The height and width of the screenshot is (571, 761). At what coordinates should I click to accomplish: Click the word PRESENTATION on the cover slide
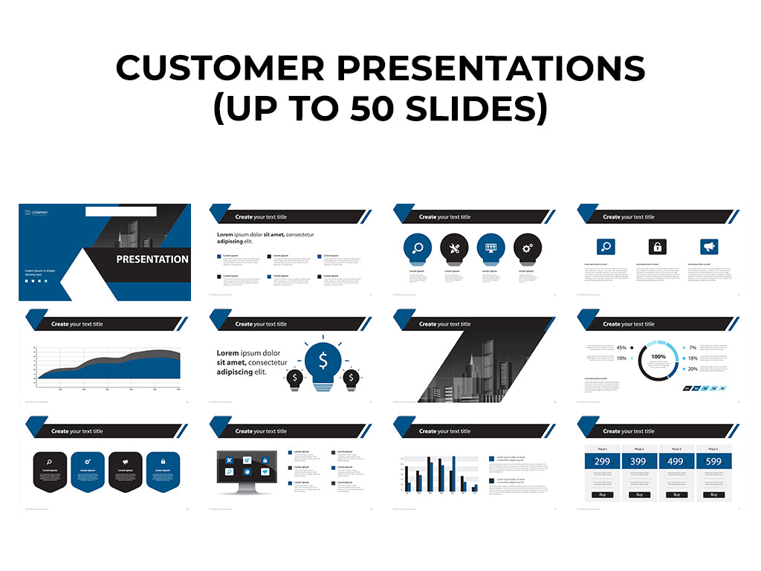152,259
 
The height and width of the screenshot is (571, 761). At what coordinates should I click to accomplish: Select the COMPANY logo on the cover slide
36,213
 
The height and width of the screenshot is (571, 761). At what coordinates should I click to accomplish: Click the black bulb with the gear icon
528,248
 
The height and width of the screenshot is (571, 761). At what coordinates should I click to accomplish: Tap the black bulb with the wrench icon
454,248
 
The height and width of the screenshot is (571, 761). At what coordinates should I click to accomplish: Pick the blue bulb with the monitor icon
491,248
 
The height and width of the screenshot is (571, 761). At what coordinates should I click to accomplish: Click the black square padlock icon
657,247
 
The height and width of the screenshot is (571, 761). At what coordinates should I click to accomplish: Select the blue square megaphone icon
710,247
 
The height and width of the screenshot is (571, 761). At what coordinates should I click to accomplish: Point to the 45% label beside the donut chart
621,347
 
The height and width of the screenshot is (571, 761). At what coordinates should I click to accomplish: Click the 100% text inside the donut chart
658,357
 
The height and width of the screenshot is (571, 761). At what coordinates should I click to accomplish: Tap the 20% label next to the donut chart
693,369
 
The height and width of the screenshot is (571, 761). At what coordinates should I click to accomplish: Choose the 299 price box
603,462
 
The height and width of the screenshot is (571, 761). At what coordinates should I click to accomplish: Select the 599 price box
713,462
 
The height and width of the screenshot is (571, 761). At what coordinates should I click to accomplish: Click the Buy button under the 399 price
639,494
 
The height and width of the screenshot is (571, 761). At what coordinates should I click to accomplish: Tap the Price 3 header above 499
676,449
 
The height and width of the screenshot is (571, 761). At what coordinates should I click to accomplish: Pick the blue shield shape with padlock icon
162,470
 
